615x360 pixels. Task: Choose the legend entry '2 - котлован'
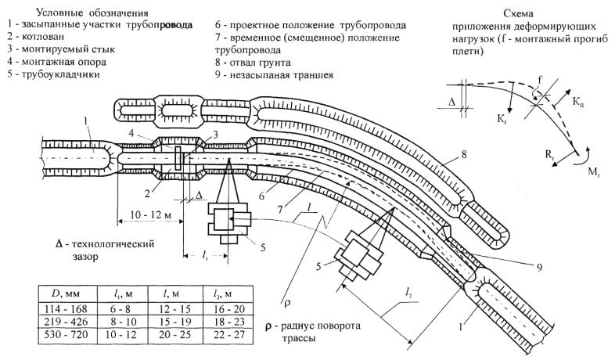37,38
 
